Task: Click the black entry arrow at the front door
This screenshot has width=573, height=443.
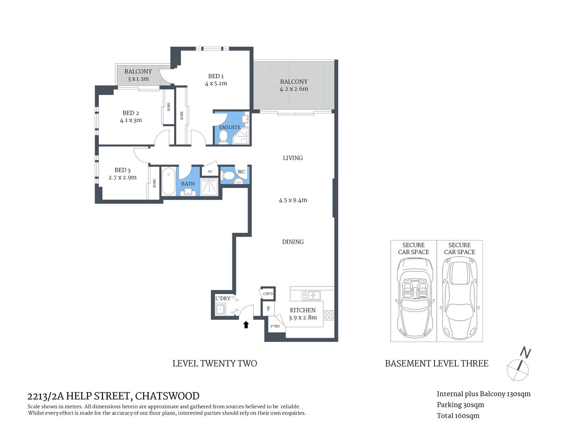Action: coord(246,324)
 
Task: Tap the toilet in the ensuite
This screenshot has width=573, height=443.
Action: coord(223,137)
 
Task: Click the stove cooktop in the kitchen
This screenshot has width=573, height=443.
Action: coord(328,316)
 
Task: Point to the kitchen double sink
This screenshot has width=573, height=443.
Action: coord(311,295)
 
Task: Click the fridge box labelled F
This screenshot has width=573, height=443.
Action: coord(268,309)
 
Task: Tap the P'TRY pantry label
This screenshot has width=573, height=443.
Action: coord(275,327)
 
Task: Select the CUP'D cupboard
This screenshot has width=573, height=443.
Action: coord(268,293)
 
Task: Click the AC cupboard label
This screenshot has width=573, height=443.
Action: coord(210,171)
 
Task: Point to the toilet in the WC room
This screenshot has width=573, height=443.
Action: coord(227,175)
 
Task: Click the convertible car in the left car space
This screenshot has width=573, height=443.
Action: coord(414,297)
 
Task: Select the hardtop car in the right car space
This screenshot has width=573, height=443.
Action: coord(460,297)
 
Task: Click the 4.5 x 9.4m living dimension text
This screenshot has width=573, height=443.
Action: coord(292,200)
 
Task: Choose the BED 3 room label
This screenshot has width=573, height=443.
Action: coord(122,170)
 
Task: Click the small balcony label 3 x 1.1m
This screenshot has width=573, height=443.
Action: coord(138,79)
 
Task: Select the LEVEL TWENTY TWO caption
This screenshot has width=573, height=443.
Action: coord(215,363)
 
